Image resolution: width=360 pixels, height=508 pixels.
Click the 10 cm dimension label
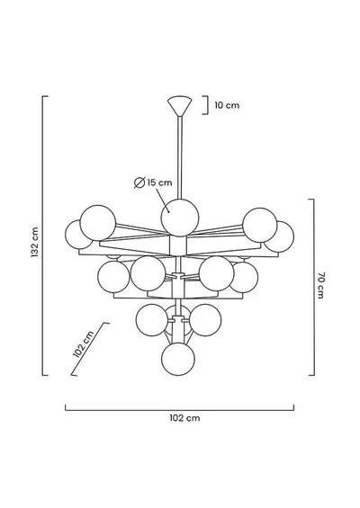coord(227,105)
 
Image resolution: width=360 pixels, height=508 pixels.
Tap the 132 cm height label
coord(35,243)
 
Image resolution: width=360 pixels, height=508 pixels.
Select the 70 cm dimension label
coord(320,285)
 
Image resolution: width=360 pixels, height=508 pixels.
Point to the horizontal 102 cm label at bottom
coord(184,418)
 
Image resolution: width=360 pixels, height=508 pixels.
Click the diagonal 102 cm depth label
coord(84,344)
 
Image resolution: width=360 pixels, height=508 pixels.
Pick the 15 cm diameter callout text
coord(159,183)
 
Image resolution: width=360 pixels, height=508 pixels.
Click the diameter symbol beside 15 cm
coord(139,183)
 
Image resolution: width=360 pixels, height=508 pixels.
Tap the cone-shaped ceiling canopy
coord(180,105)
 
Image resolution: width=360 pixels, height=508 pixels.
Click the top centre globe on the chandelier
coord(180,218)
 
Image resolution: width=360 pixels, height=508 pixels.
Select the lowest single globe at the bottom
coord(178,359)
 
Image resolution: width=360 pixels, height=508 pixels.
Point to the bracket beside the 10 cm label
coord(205,105)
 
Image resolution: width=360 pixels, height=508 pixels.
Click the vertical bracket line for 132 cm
coord(43,236)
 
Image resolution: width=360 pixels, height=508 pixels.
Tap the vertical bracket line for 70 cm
coord(313,287)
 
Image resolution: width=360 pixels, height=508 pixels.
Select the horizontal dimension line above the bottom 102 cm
coord(179,410)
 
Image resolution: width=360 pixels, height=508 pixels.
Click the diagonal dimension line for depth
coord(89,349)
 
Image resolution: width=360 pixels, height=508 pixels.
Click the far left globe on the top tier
coord(78,235)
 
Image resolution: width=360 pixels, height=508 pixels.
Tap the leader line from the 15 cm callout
coord(163,201)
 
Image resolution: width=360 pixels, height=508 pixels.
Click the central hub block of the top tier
coord(179,245)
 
